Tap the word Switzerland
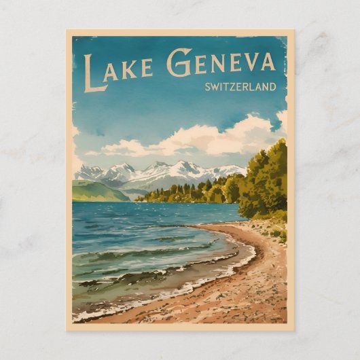240,87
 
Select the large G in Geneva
179,62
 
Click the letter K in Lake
130,69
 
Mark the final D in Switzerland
273,87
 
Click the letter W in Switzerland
215,87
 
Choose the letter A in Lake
113,71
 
